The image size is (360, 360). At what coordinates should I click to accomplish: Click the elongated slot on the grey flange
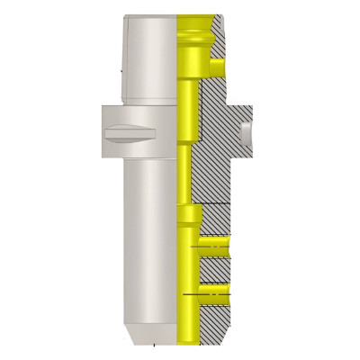tap(130, 133)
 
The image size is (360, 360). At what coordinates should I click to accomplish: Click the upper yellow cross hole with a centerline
tap(214, 243)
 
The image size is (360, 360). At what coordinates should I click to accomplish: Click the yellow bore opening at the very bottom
tap(188, 340)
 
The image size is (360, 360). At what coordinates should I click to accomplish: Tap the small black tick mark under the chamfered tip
tap(153, 345)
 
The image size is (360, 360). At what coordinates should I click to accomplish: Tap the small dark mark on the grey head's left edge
tap(121, 66)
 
